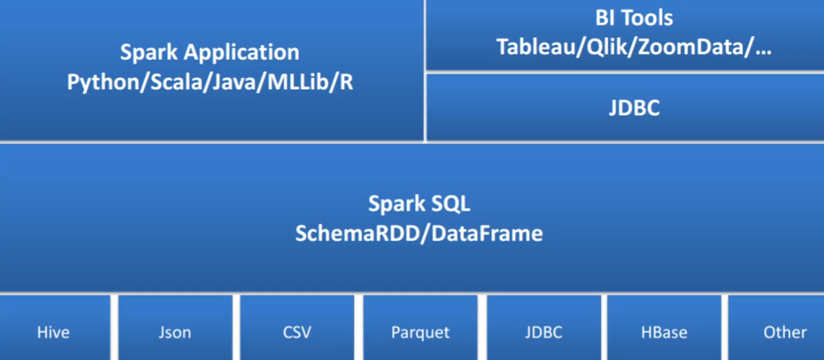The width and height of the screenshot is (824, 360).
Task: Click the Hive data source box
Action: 54,328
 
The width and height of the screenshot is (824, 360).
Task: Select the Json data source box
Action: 175,328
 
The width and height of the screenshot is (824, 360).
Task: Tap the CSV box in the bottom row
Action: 297,328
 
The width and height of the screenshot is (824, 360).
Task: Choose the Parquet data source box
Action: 420,328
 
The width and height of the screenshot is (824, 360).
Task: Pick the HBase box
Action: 664,328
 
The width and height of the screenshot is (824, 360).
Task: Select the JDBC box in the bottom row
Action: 544,328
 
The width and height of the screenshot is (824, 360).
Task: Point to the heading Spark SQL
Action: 418,204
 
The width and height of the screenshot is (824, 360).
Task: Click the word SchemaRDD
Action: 355,233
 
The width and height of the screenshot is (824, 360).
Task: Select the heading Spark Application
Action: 209,52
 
